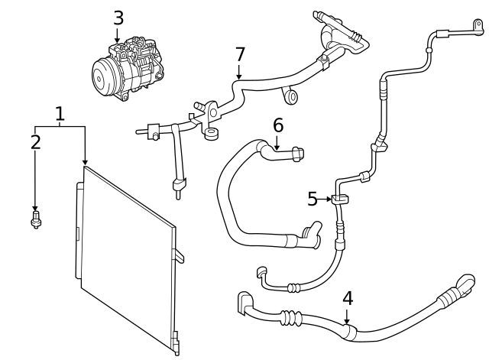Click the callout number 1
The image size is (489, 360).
pyautogui.click(x=60, y=115)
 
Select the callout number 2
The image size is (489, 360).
pyautogui.click(x=35, y=141)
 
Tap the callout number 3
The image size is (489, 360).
pyautogui.click(x=117, y=17)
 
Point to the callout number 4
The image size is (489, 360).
pyautogui.click(x=347, y=297)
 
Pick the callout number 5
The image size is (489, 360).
pyautogui.click(x=313, y=199)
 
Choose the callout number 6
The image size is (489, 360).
pyautogui.click(x=277, y=124)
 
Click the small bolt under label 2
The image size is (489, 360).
pyautogui.click(x=35, y=221)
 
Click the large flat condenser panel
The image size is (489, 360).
pyautogui.click(x=126, y=260)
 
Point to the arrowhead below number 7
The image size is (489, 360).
pyautogui.click(x=239, y=77)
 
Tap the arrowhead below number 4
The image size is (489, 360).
pyautogui.click(x=347, y=321)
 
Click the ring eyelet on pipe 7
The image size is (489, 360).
pyautogui.click(x=291, y=96)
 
